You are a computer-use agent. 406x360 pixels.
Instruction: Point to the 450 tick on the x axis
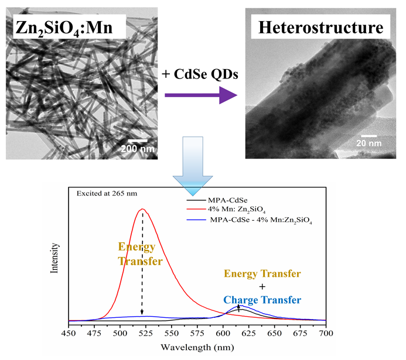(x=69, y=332)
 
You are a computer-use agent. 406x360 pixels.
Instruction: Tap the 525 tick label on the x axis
(x=142, y=332)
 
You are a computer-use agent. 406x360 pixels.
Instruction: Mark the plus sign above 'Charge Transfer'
(x=262, y=286)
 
